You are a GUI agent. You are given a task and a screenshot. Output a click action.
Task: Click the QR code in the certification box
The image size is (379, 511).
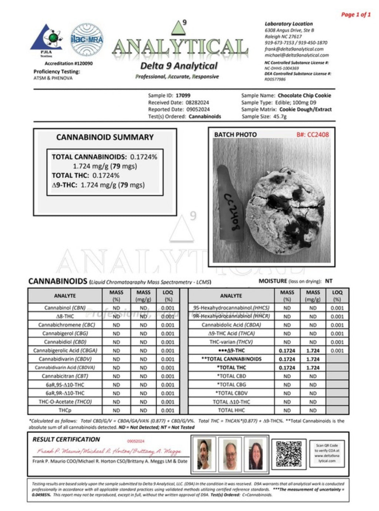(x=289, y=453)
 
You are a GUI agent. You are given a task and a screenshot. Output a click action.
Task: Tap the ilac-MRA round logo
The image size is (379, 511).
(x=87, y=40)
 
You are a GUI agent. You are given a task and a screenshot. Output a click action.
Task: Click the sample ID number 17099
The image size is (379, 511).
(x=183, y=96)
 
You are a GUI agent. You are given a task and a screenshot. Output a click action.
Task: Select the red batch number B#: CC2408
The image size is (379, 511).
(x=312, y=134)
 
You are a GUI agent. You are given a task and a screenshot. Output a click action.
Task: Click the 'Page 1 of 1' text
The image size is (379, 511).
(x=355, y=14)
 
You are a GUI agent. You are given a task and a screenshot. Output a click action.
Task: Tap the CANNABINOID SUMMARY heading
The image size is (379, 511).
(x=105, y=137)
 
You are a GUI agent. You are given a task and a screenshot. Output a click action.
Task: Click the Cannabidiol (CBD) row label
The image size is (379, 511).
(x=65, y=342)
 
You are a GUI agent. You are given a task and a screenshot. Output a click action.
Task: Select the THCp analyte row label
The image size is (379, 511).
(x=65, y=410)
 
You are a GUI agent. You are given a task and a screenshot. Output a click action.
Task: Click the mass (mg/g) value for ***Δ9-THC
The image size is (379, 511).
(x=313, y=350)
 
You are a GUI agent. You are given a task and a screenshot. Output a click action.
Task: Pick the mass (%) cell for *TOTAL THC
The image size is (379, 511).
(x=287, y=368)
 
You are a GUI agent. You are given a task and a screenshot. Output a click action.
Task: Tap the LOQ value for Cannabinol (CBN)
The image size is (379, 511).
(x=168, y=308)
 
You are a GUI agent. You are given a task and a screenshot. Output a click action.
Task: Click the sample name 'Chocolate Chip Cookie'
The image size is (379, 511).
(x=304, y=96)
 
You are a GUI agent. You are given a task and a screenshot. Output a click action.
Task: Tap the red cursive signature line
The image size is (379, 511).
(x=109, y=451)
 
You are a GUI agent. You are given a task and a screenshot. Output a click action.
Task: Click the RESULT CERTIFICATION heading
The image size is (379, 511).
(x=66, y=440)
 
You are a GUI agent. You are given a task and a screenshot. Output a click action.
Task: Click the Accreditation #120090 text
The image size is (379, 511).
(x=68, y=64)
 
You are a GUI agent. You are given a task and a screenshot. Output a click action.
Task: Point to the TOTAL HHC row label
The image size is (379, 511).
(x=231, y=410)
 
